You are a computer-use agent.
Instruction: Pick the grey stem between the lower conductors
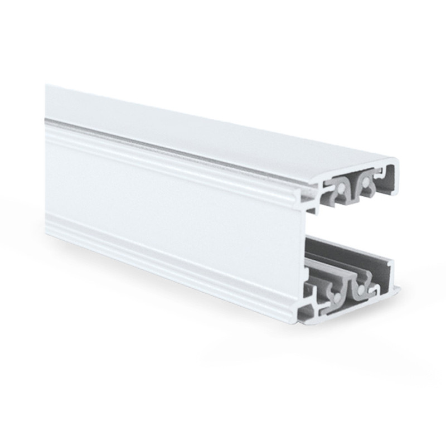345,284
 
